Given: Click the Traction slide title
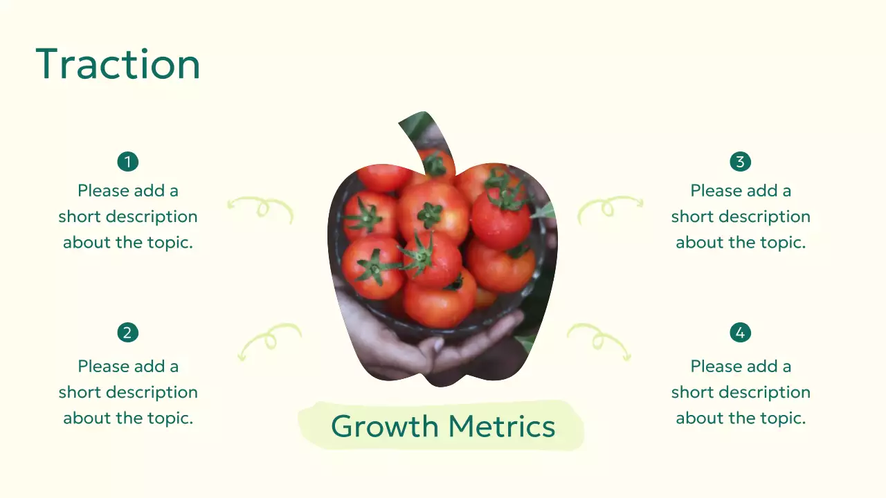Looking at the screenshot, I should point(118,64).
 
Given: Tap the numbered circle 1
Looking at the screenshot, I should point(128,162).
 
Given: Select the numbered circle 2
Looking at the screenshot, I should point(128,333).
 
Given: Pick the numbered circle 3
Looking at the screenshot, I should point(741,162).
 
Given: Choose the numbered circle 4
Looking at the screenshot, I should point(741,333).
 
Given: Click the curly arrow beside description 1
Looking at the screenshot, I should point(261,207).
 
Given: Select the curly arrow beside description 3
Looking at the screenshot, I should point(610,207).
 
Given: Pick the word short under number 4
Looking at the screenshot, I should point(693,392).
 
